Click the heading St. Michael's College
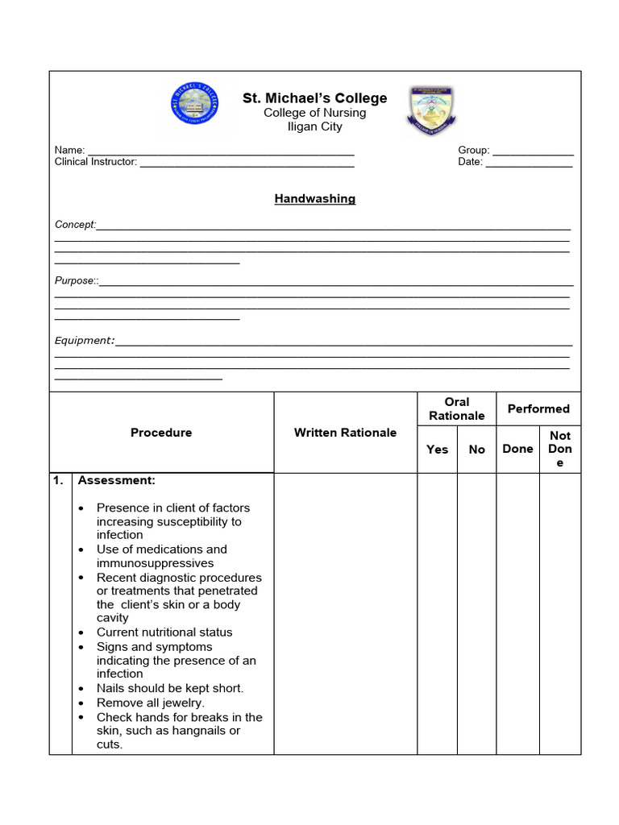[314, 98]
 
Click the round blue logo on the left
[194, 105]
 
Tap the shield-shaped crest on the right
[431, 110]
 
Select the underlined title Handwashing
[314, 199]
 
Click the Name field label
[69, 151]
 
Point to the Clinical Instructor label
[95, 162]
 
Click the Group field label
[473, 151]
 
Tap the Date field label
[470, 162]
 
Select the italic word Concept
[75, 225]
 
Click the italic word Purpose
[75, 280]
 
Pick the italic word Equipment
[84, 341]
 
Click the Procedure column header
[161, 433]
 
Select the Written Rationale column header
[345, 433]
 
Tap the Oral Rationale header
[456, 408]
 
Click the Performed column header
[538, 408]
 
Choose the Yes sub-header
[437, 450]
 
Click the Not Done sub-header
[559, 449]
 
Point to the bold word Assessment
[116, 480]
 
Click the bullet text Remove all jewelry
[151, 703]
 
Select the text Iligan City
[314, 126]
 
